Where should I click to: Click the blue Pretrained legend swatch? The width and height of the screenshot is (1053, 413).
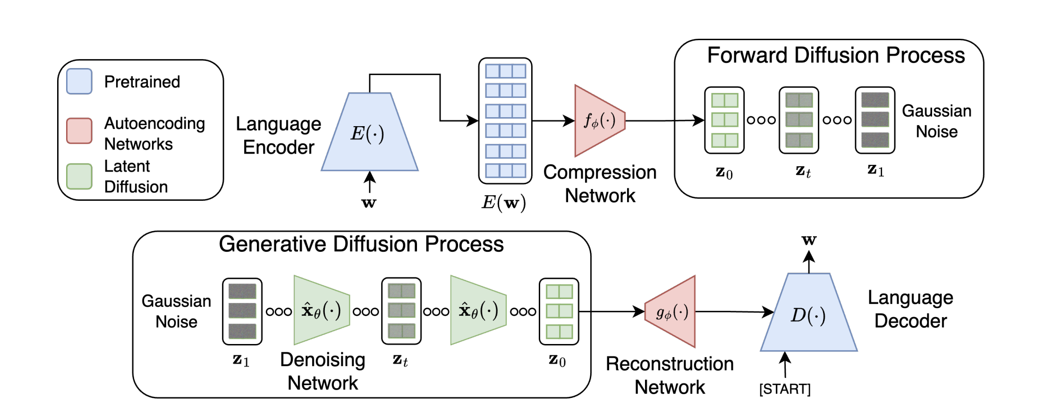[x=79, y=82]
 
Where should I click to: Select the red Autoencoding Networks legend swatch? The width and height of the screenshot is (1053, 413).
[x=79, y=131]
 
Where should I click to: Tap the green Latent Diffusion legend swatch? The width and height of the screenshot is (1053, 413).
[x=79, y=177]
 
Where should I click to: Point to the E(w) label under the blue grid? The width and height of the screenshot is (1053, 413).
[x=503, y=203]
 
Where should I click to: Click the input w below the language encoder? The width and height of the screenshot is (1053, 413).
[x=369, y=203]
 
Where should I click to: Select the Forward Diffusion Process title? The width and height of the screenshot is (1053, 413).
[x=836, y=55]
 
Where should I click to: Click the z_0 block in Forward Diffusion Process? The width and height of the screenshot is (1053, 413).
[x=724, y=120]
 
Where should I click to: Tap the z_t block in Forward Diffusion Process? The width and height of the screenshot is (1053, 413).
[x=799, y=120]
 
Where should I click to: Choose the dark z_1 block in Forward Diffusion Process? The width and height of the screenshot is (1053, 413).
[x=875, y=120]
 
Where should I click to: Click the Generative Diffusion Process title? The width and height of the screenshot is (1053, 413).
[x=361, y=244]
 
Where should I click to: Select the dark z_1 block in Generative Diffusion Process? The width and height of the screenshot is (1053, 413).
[x=242, y=311]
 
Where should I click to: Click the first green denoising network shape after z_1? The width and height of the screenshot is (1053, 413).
[x=322, y=310]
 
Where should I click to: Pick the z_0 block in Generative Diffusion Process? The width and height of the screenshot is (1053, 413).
[x=559, y=311]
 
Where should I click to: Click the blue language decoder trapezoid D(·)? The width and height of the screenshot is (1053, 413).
[x=808, y=314]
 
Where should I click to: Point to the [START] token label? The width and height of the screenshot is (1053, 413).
[x=785, y=389]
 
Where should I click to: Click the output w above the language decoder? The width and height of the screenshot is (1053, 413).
[x=809, y=241]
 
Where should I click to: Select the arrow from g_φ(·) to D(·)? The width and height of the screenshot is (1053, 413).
[x=734, y=312]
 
